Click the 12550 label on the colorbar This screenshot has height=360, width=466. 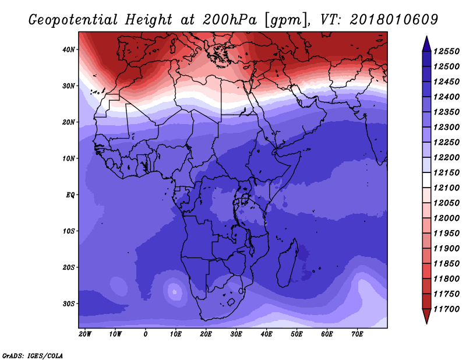pos(446,51)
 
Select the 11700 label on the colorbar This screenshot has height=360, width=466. pos(446,309)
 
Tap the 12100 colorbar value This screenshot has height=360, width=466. pos(446,188)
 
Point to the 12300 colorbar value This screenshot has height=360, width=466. pos(446,127)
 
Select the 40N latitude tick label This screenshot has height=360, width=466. pos(69,50)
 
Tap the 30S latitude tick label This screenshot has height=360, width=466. pos(69,304)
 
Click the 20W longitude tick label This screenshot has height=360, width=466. pos(85,334)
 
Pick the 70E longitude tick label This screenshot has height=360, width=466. pos(357,334)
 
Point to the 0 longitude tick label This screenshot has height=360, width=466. pos(145,334)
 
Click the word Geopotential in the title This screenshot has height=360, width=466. pos(73,20)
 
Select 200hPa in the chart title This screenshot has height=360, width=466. pos(230,20)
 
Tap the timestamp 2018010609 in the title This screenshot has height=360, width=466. pos(394,20)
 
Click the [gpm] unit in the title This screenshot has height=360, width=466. pos(287,20)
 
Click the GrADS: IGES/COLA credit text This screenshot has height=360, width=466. pos(33,356)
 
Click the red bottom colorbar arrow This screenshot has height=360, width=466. pos(426,316)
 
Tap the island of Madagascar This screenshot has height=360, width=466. pos(288,263)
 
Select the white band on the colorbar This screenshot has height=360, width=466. pos(426,180)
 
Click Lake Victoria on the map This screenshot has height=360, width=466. pos(245,197)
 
